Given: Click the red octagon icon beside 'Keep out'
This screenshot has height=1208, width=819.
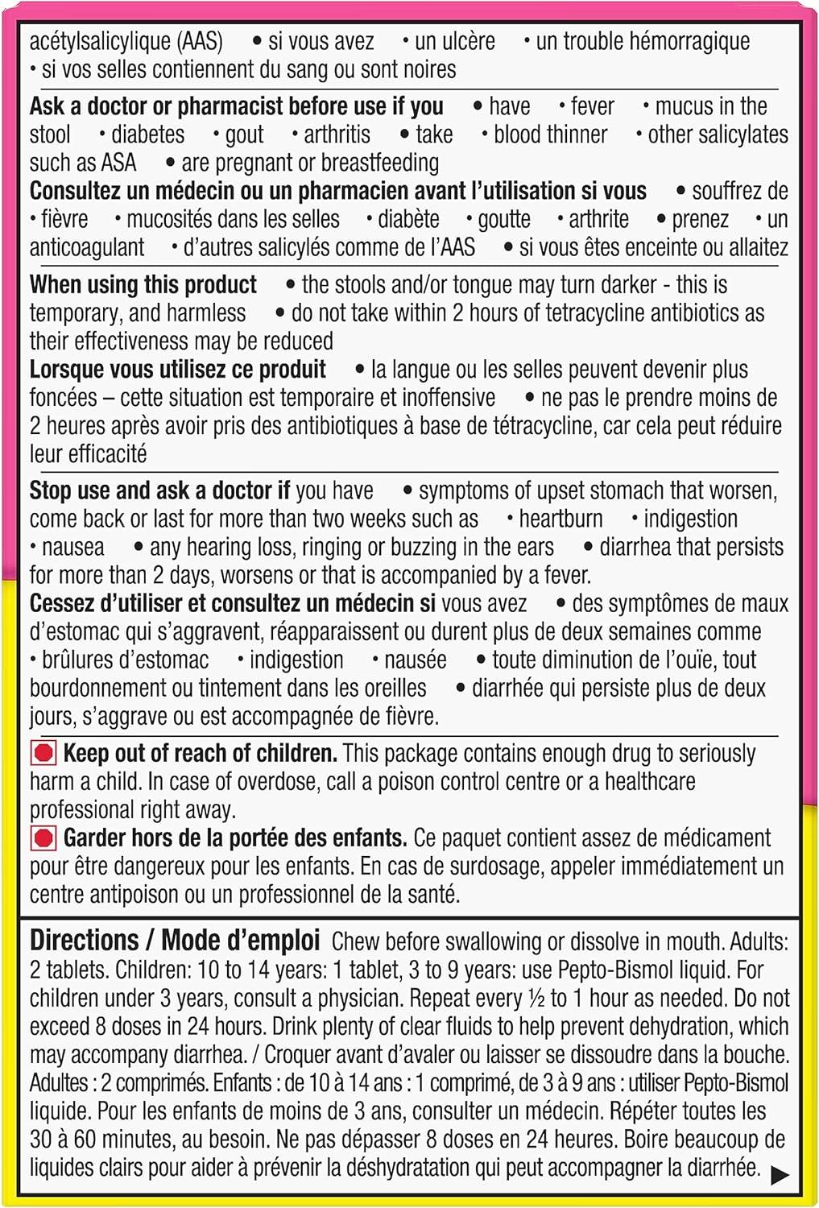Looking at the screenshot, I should tap(43, 754).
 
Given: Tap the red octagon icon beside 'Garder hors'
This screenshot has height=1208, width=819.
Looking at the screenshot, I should tap(43, 838).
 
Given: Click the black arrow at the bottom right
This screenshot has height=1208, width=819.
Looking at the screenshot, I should tap(779, 1175).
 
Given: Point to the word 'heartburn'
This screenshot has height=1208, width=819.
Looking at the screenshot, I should tap(560, 519).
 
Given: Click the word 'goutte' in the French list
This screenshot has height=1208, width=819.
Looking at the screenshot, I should tap(504, 219).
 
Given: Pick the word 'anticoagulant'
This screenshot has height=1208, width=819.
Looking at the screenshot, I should tap(87, 247).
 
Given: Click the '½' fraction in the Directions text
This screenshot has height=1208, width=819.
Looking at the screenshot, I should tap(536, 999).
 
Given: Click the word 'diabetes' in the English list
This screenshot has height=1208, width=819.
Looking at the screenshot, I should tap(147, 134).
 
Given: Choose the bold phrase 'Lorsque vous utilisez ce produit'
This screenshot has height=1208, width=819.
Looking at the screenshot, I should tap(177, 370).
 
